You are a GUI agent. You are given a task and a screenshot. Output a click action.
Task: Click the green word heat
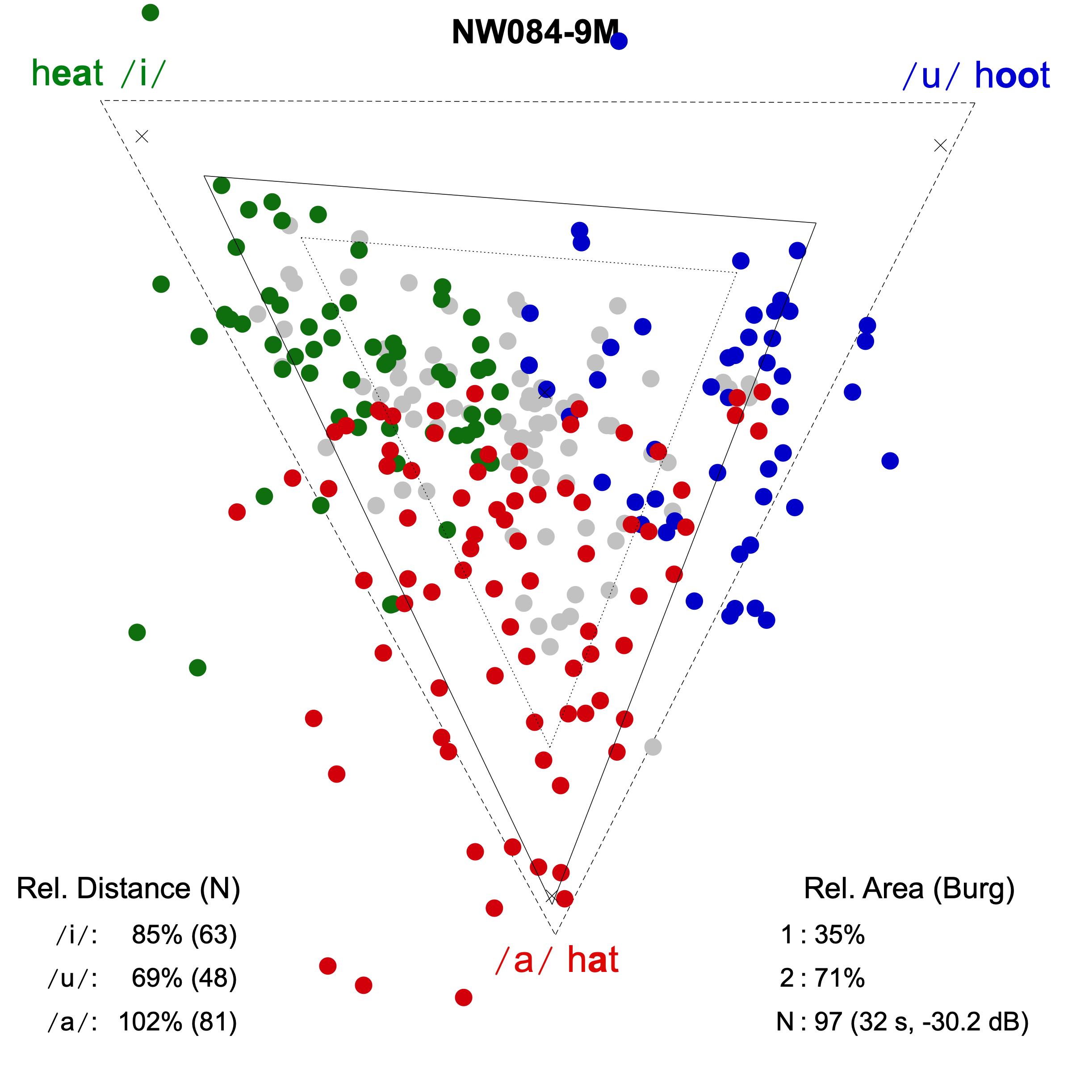[68, 73]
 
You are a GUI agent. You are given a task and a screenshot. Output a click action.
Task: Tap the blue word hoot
[1012, 75]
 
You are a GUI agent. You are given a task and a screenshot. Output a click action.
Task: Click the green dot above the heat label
[151, 12]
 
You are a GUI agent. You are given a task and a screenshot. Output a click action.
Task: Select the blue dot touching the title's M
[619, 41]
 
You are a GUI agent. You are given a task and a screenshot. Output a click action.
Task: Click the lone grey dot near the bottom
[653, 747]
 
